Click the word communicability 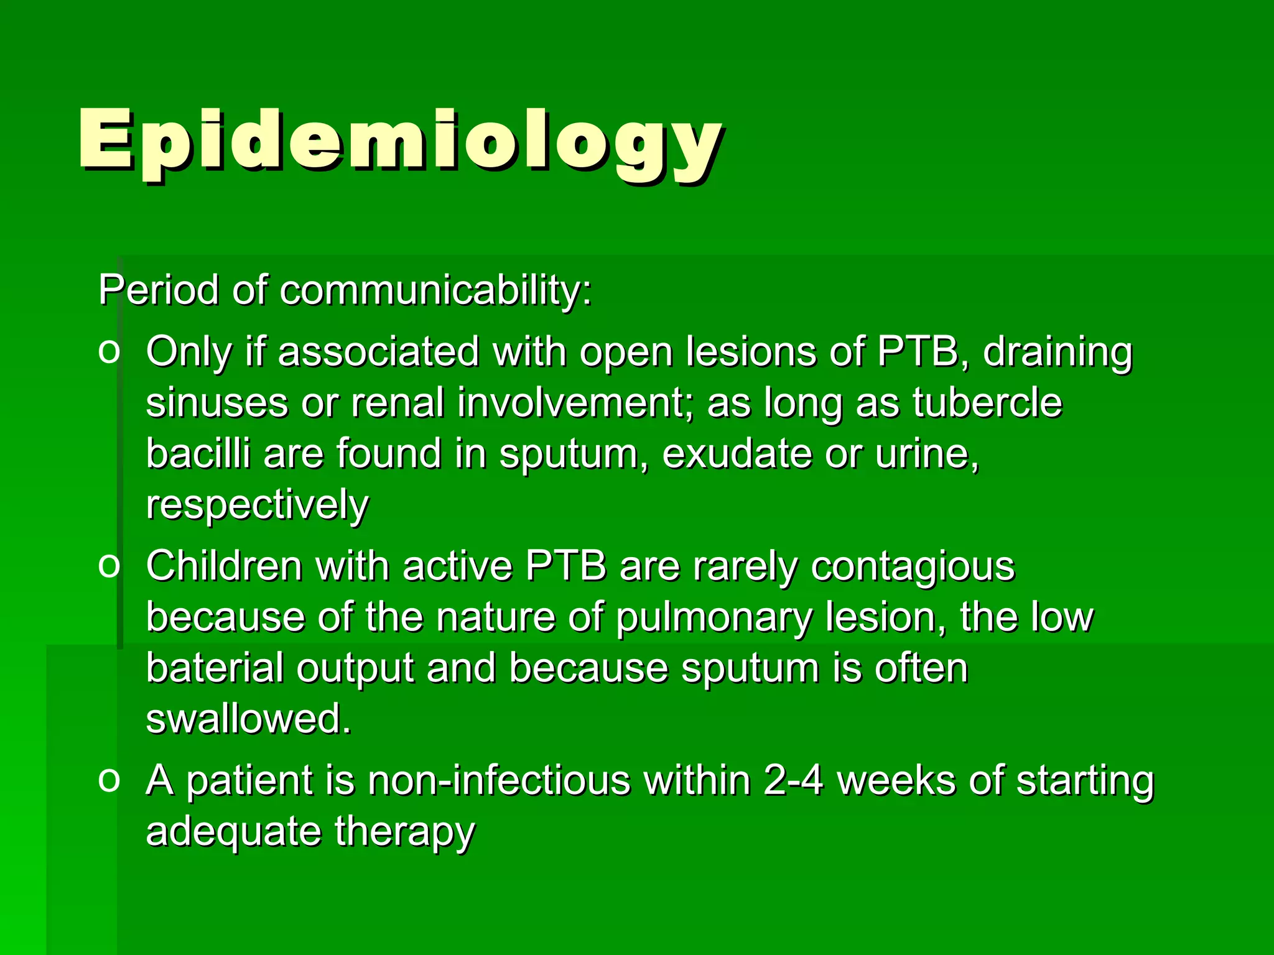(435, 290)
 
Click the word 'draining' (1058, 352)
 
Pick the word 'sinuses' (217, 403)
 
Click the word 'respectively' (258, 505)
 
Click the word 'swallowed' (248, 719)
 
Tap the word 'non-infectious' (498, 780)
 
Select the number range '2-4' (793, 780)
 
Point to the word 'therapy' (405, 833)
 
